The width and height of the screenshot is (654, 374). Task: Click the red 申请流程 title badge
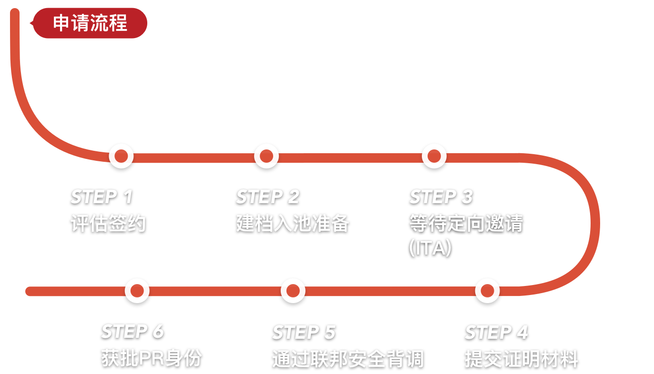click(x=90, y=23)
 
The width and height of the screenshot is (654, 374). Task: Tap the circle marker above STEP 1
click(x=121, y=156)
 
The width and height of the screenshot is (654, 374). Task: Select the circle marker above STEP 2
click(x=266, y=156)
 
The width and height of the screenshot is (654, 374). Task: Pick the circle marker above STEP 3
click(x=434, y=156)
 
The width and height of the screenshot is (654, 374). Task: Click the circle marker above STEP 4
click(x=487, y=290)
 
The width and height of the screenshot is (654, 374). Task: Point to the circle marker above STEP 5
click(x=293, y=290)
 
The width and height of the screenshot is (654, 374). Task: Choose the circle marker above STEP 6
click(x=137, y=290)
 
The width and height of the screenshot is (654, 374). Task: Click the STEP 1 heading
click(x=102, y=197)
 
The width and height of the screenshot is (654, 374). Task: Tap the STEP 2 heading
click(x=267, y=197)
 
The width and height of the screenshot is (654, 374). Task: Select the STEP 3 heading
click(x=441, y=197)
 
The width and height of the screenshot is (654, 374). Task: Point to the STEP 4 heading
click(x=496, y=332)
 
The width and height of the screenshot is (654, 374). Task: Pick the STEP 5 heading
click(x=304, y=332)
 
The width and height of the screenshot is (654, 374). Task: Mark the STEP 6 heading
click(x=132, y=331)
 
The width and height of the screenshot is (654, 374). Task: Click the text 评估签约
click(x=108, y=223)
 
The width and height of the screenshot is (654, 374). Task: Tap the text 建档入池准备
click(x=293, y=223)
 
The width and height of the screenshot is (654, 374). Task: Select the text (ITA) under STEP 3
click(x=430, y=248)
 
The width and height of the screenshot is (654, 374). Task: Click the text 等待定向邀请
click(x=466, y=223)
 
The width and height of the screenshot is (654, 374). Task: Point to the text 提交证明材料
click(x=521, y=359)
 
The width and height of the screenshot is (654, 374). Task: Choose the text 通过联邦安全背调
click(x=347, y=359)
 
